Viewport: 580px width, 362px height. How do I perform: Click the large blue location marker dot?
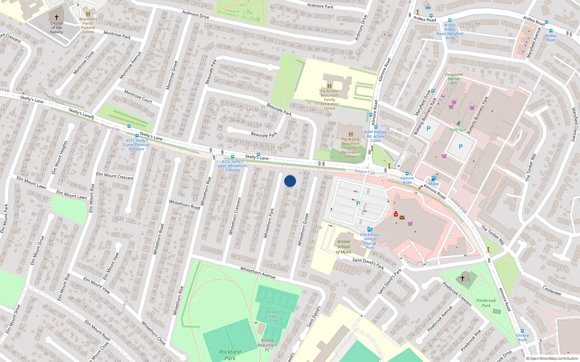[x=290, y=181]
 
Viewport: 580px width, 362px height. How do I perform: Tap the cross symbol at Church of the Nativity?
[x=57, y=17]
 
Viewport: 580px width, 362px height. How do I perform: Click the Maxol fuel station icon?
[x=433, y=178]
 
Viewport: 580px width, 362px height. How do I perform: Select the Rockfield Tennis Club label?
[x=273, y=316]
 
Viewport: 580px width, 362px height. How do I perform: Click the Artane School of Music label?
[x=343, y=247]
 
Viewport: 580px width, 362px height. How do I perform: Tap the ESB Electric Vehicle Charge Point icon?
[x=369, y=229]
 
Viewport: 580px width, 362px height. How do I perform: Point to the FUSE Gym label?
[x=458, y=130]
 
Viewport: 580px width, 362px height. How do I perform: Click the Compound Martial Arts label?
[x=453, y=79]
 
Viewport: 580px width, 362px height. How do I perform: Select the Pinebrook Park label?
[x=486, y=303]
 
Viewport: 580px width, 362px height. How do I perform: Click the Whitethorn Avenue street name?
[x=258, y=273]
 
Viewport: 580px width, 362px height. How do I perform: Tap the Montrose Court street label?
[x=138, y=96]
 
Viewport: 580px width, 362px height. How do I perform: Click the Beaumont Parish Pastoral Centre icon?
[x=88, y=14]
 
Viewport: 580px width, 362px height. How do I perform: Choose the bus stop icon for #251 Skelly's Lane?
[x=129, y=126]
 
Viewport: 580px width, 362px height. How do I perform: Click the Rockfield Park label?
[x=229, y=355]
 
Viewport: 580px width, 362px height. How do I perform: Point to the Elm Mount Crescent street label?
[x=115, y=176]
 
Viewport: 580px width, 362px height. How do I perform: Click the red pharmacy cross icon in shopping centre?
[x=395, y=214]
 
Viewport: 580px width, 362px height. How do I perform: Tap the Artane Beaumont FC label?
[x=267, y=345]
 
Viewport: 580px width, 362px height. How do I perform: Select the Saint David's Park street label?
[x=368, y=263]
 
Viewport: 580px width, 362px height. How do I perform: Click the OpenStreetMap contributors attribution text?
[x=554, y=359]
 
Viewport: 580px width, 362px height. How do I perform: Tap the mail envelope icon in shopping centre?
[x=402, y=218]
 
